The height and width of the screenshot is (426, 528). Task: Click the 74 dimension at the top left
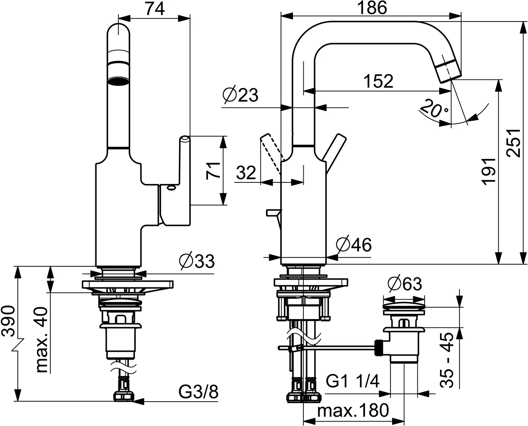(155, 9)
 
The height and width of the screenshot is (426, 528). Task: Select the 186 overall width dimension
(372, 8)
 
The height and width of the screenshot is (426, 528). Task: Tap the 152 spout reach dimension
(378, 81)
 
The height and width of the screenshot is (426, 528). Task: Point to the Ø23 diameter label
(240, 95)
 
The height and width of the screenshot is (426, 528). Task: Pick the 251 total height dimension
(513, 143)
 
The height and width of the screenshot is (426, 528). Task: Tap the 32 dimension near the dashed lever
(246, 173)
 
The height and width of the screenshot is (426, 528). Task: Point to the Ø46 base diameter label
(354, 244)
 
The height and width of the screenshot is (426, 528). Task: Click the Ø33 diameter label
(197, 261)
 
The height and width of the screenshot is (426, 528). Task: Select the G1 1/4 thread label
(353, 381)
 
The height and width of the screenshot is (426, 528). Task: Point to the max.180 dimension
(353, 411)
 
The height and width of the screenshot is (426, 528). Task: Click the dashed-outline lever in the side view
(271, 153)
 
